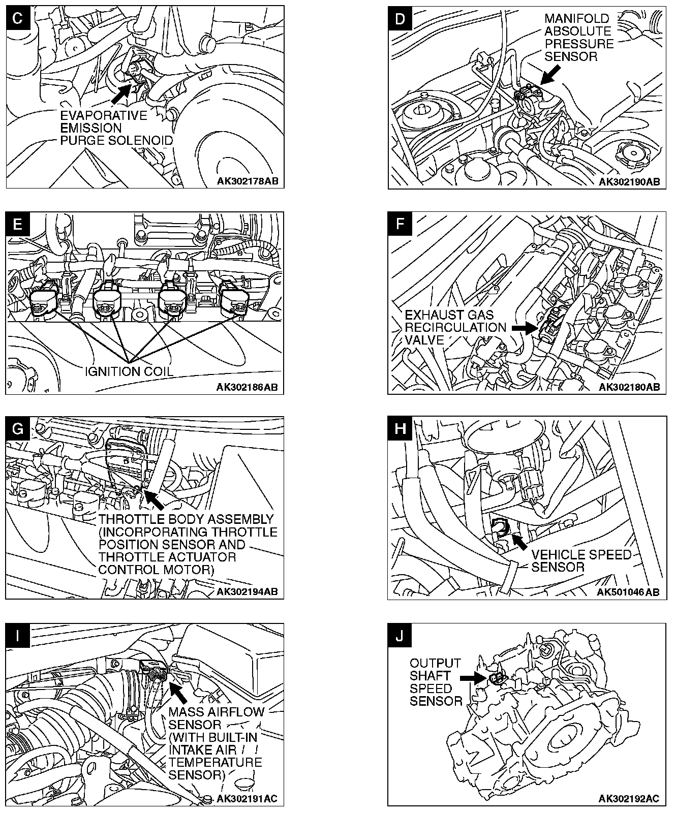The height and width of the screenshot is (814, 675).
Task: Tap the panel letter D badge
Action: click(x=400, y=19)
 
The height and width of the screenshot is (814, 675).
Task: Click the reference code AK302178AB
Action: click(x=248, y=181)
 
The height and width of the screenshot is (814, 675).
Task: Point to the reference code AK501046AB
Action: click(x=628, y=592)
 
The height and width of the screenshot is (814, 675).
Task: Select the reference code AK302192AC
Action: click(x=629, y=798)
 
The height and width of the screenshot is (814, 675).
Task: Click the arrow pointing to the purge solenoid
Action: click(x=120, y=94)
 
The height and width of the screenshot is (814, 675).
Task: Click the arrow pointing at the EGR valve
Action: click(x=523, y=328)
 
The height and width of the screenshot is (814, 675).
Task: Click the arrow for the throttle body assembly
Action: click(x=154, y=500)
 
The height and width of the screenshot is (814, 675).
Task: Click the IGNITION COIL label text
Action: click(x=129, y=371)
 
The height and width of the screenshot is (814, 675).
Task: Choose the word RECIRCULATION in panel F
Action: click(x=455, y=328)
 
